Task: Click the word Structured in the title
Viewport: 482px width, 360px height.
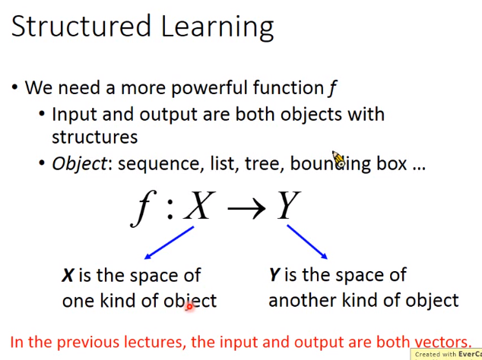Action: click(81, 26)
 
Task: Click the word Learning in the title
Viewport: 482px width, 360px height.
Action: click(217, 27)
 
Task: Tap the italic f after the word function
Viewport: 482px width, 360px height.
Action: click(332, 88)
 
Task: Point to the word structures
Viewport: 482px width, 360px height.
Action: click(95, 137)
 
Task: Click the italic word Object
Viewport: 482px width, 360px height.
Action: click(79, 164)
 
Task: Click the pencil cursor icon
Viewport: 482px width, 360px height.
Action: click(338, 159)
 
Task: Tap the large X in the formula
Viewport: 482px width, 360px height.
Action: click(199, 205)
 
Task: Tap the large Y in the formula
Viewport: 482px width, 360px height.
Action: click(288, 205)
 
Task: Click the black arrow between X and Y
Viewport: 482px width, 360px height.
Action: click(246, 209)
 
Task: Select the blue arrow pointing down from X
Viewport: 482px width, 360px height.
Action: click(169, 243)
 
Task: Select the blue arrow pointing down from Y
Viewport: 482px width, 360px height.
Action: click(307, 242)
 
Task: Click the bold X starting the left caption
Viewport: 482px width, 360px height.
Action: click(68, 275)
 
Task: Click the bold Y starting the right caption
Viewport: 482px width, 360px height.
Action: click(274, 275)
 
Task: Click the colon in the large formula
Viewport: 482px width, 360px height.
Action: click(170, 209)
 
